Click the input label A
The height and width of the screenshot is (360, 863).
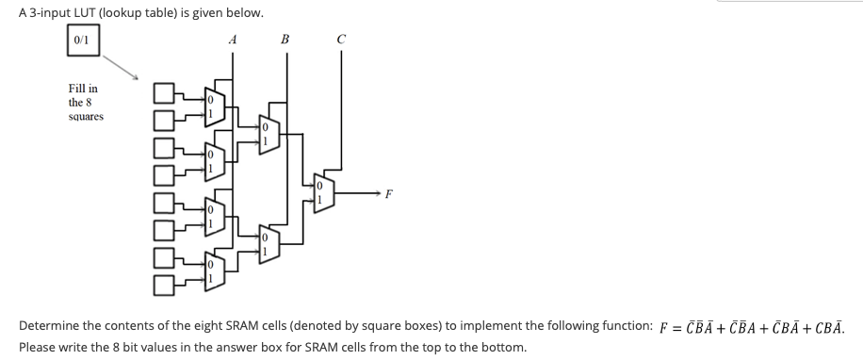pyautogui.click(x=232, y=40)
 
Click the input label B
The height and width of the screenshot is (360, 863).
pyautogui.click(x=285, y=40)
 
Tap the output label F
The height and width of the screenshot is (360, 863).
pyautogui.click(x=388, y=194)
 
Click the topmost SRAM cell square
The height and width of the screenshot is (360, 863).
pyautogui.click(x=164, y=91)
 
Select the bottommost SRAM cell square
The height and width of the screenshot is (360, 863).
pyautogui.click(x=164, y=281)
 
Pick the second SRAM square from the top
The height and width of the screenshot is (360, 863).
pyautogui.click(x=164, y=120)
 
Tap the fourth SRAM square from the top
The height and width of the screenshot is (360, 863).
pyautogui.click(x=164, y=173)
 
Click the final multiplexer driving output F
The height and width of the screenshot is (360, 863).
pyautogui.click(x=322, y=193)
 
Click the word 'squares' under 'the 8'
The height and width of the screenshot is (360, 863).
pyautogui.click(x=87, y=117)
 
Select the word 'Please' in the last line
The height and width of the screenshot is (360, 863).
pyautogui.click(x=39, y=347)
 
